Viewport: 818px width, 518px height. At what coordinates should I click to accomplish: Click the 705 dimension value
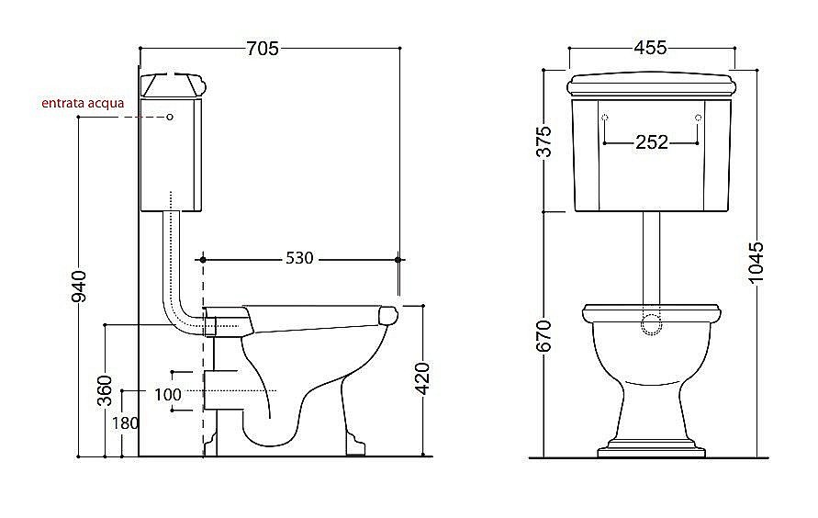pyautogui.click(x=263, y=49)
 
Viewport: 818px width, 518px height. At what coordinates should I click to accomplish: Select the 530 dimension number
pyautogui.click(x=299, y=258)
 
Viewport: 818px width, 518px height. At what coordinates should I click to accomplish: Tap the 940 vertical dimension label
pyautogui.click(x=79, y=287)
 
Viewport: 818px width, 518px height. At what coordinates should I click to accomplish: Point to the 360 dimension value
pyautogui.click(x=105, y=390)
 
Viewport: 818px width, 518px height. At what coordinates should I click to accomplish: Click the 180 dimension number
pyautogui.click(x=125, y=422)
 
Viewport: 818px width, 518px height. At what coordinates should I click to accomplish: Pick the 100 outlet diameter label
pyautogui.click(x=168, y=394)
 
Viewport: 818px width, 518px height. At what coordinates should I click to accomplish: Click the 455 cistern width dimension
pyautogui.click(x=650, y=48)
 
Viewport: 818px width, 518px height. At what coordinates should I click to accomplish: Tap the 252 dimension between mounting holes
pyautogui.click(x=652, y=141)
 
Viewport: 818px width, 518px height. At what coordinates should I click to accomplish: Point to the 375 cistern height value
pyautogui.click(x=543, y=141)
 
